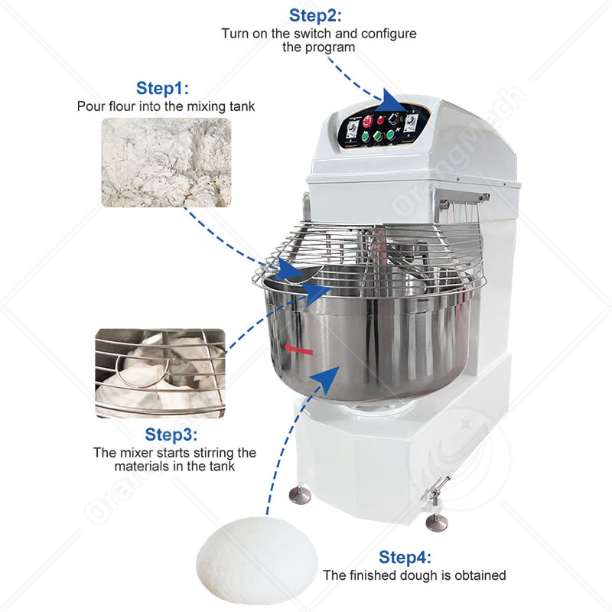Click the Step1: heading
(162, 88)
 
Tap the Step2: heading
(315, 15)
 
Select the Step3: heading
(171, 435)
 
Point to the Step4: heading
(405, 557)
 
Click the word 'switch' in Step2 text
(313, 34)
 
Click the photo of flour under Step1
(166, 162)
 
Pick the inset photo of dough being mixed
(161, 373)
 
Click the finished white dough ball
(257, 560)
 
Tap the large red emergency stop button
(368, 122)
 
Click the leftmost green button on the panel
(366, 136)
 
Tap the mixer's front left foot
(300, 495)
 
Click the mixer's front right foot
(436, 522)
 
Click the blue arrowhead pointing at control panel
(394, 102)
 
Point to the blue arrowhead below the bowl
(327, 379)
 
